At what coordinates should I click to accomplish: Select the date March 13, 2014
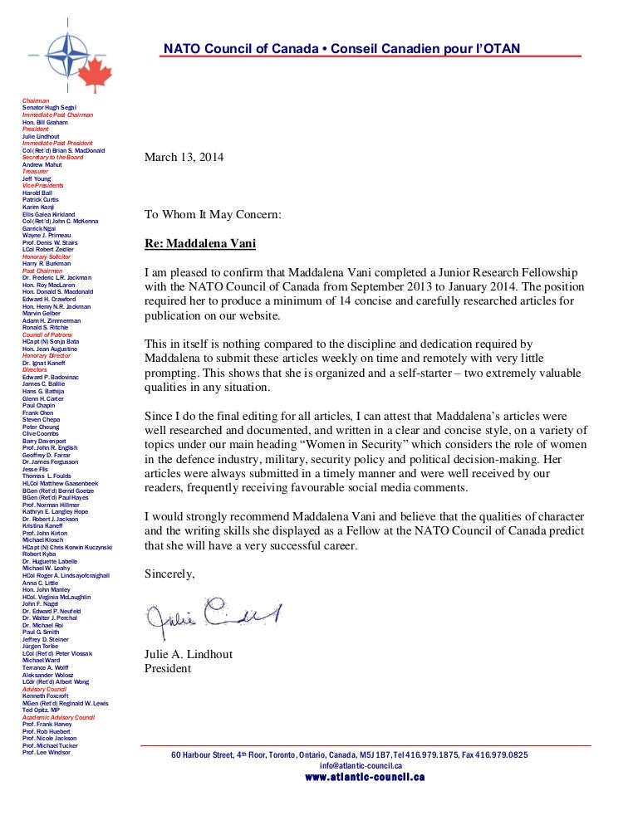coord(184,157)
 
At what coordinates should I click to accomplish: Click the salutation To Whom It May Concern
coord(213,214)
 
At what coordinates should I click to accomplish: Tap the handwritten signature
coord(213,616)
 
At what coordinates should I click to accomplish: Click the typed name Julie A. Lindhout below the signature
coord(189,654)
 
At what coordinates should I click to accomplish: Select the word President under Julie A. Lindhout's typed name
coord(168,668)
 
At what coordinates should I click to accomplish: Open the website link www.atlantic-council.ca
coord(365,777)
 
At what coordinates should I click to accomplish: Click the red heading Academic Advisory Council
coord(58,716)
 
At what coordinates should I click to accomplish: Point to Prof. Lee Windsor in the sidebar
coord(47,752)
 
